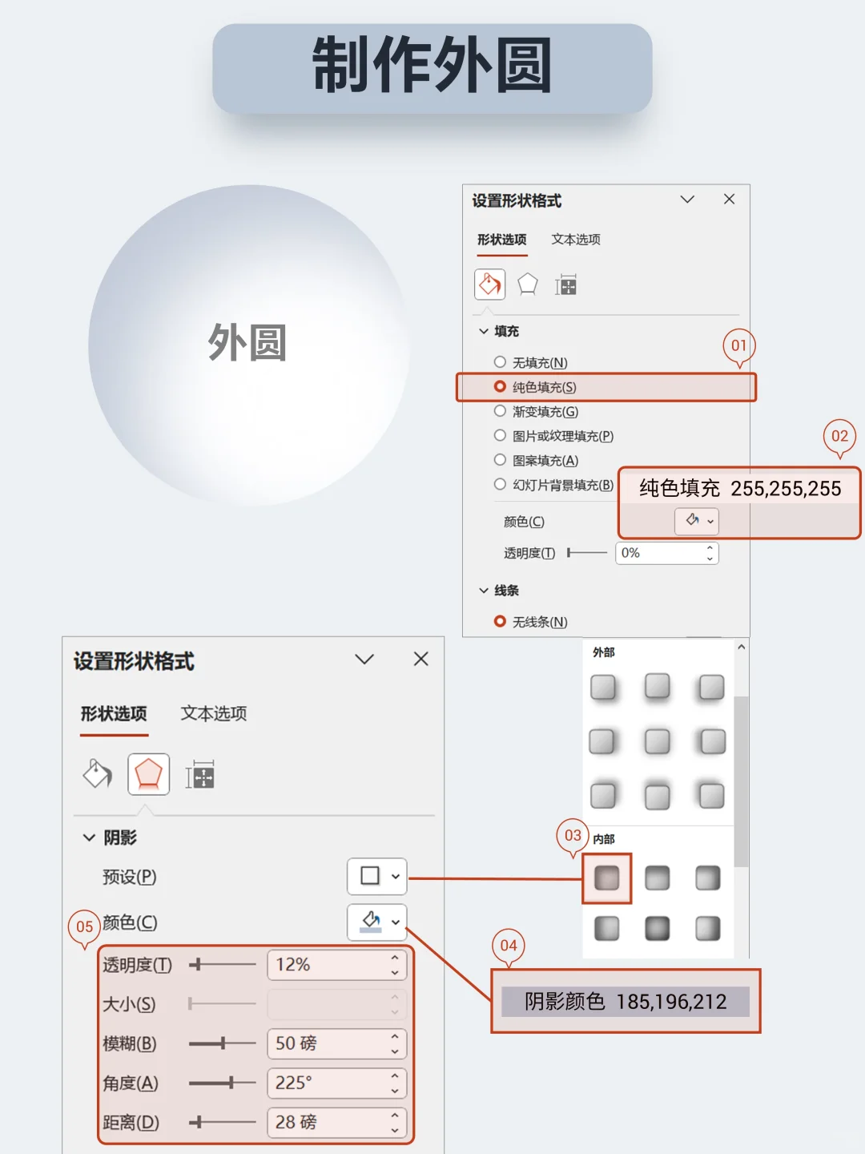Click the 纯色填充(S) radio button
click(x=500, y=387)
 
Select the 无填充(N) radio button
click(x=500, y=362)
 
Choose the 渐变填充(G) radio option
click(x=500, y=411)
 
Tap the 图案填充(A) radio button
click(x=500, y=460)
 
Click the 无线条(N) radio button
click(x=500, y=621)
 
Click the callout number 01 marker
click(x=738, y=345)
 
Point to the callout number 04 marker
click(x=509, y=946)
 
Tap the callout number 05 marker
click(x=84, y=926)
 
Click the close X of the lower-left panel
click(x=420, y=659)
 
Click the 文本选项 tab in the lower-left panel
click(x=213, y=713)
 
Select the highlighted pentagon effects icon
click(x=148, y=774)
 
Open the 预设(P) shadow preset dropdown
click(x=377, y=876)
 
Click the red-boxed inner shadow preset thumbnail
click(x=606, y=878)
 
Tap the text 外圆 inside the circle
click(x=247, y=343)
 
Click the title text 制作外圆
click(x=432, y=66)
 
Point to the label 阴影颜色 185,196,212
click(x=626, y=1002)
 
